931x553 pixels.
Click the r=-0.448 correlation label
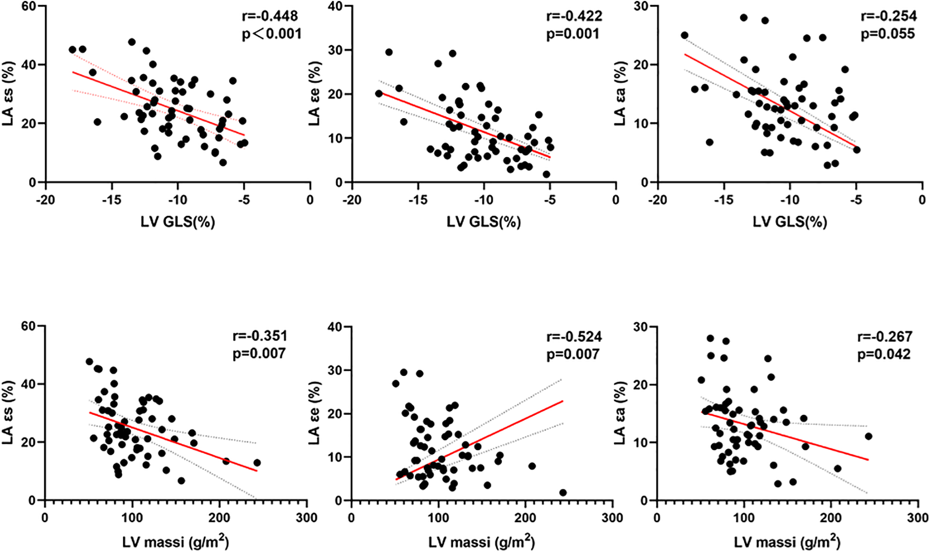[x=270, y=16]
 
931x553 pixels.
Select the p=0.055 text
[x=888, y=34]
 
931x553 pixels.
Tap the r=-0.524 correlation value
[x=574, y=337]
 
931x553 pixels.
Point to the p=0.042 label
[x=884, y=354]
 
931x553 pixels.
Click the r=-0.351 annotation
[x=260, y=336]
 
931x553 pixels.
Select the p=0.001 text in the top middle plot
[x=573, y=34]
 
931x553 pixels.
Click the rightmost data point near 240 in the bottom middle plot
[x=563, y=493]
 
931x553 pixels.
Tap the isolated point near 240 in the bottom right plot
[x=869, y=436]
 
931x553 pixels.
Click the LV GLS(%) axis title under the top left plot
[x=178, y=221]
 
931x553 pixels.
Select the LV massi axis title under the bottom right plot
[x=787, y=542]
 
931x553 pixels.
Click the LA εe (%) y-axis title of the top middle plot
[x=314, y=94]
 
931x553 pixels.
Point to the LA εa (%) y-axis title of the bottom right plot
[x=620, y=413]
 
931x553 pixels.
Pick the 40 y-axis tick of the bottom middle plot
[x=335, y=327]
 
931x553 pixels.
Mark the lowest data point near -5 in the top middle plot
[x=546, y=174]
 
